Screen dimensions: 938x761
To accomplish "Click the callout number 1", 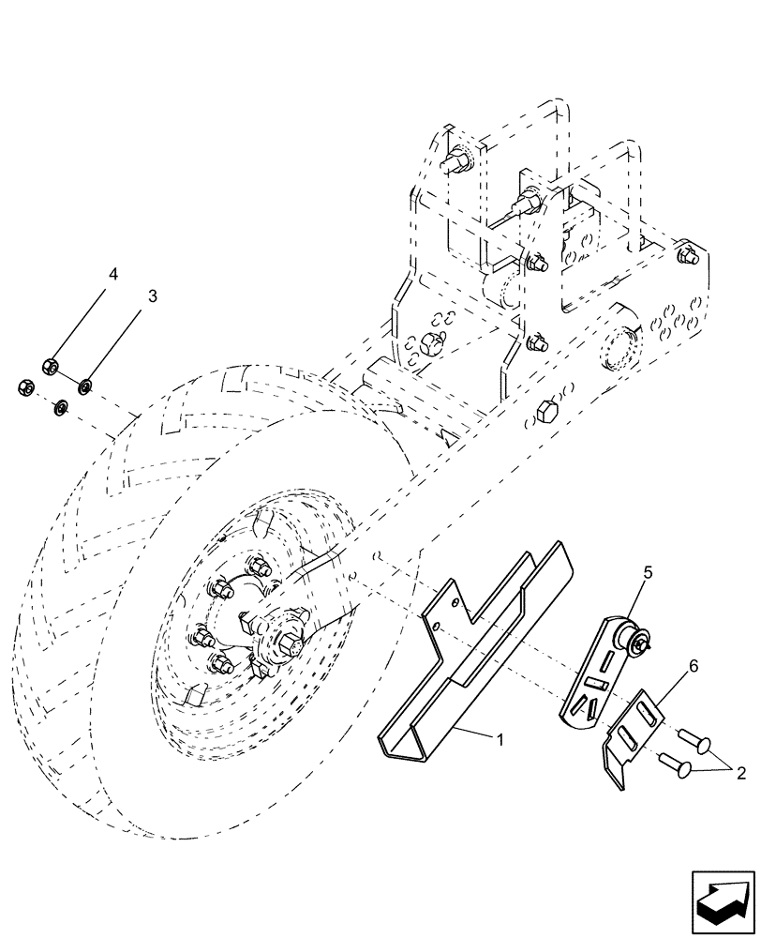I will click(500, 739).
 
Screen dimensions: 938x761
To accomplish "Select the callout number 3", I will click(151, 296).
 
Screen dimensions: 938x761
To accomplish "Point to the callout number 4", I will click(112, 275).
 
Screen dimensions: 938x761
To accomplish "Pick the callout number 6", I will click(693, 665).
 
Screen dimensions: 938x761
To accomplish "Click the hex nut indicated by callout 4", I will click(52, 364).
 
